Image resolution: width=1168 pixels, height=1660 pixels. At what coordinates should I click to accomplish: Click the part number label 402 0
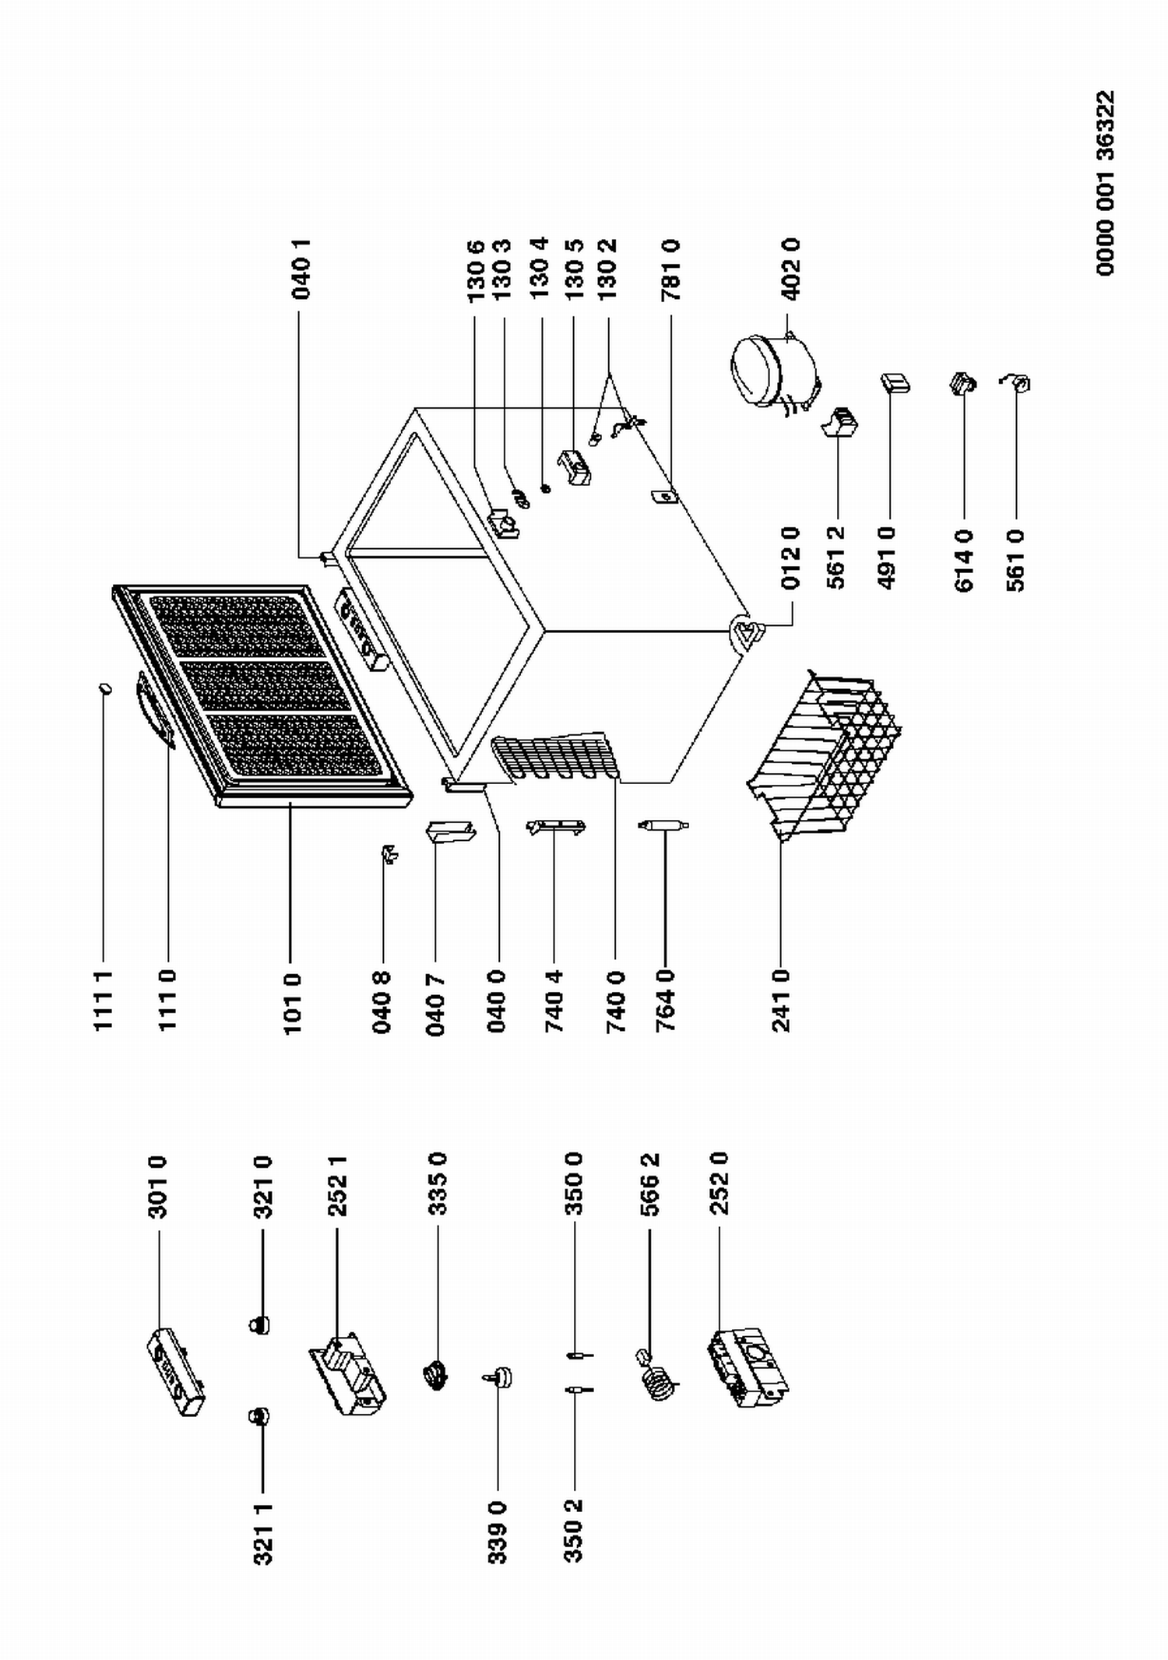(x=790, y=269)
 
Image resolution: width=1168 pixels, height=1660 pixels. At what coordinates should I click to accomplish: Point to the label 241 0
(x=781, y=1001)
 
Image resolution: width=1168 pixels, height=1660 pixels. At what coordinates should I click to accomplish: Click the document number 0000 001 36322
(x=1105, y=184)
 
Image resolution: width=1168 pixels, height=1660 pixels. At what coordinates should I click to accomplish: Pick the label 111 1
(x=104, y=1001)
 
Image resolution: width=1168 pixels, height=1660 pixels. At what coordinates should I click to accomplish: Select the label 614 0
(x=964, y=560)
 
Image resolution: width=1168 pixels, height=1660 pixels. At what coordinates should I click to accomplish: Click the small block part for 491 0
(x=895, y=383)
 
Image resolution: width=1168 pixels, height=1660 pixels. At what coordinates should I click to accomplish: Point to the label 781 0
(x=670, y=269)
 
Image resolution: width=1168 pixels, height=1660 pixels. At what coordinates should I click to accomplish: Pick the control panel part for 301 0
(x=176, y=1372)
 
